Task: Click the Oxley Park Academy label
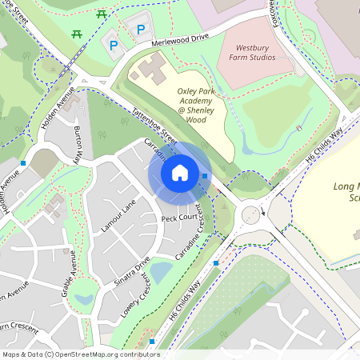pyautogui.click(x=191, y=105)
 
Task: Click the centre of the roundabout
pyautogui.click(x=252, y=214)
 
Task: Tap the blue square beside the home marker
pyautogui.click(x=206, y=176)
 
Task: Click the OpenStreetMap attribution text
pyautogui.click(x=80, y=354)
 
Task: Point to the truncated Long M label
pyautogui.click(x=345, y=191)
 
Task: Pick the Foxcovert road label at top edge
pyautogui.click(x=275, y=13)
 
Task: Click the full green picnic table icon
pyautogui.click(x=101, y=14)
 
